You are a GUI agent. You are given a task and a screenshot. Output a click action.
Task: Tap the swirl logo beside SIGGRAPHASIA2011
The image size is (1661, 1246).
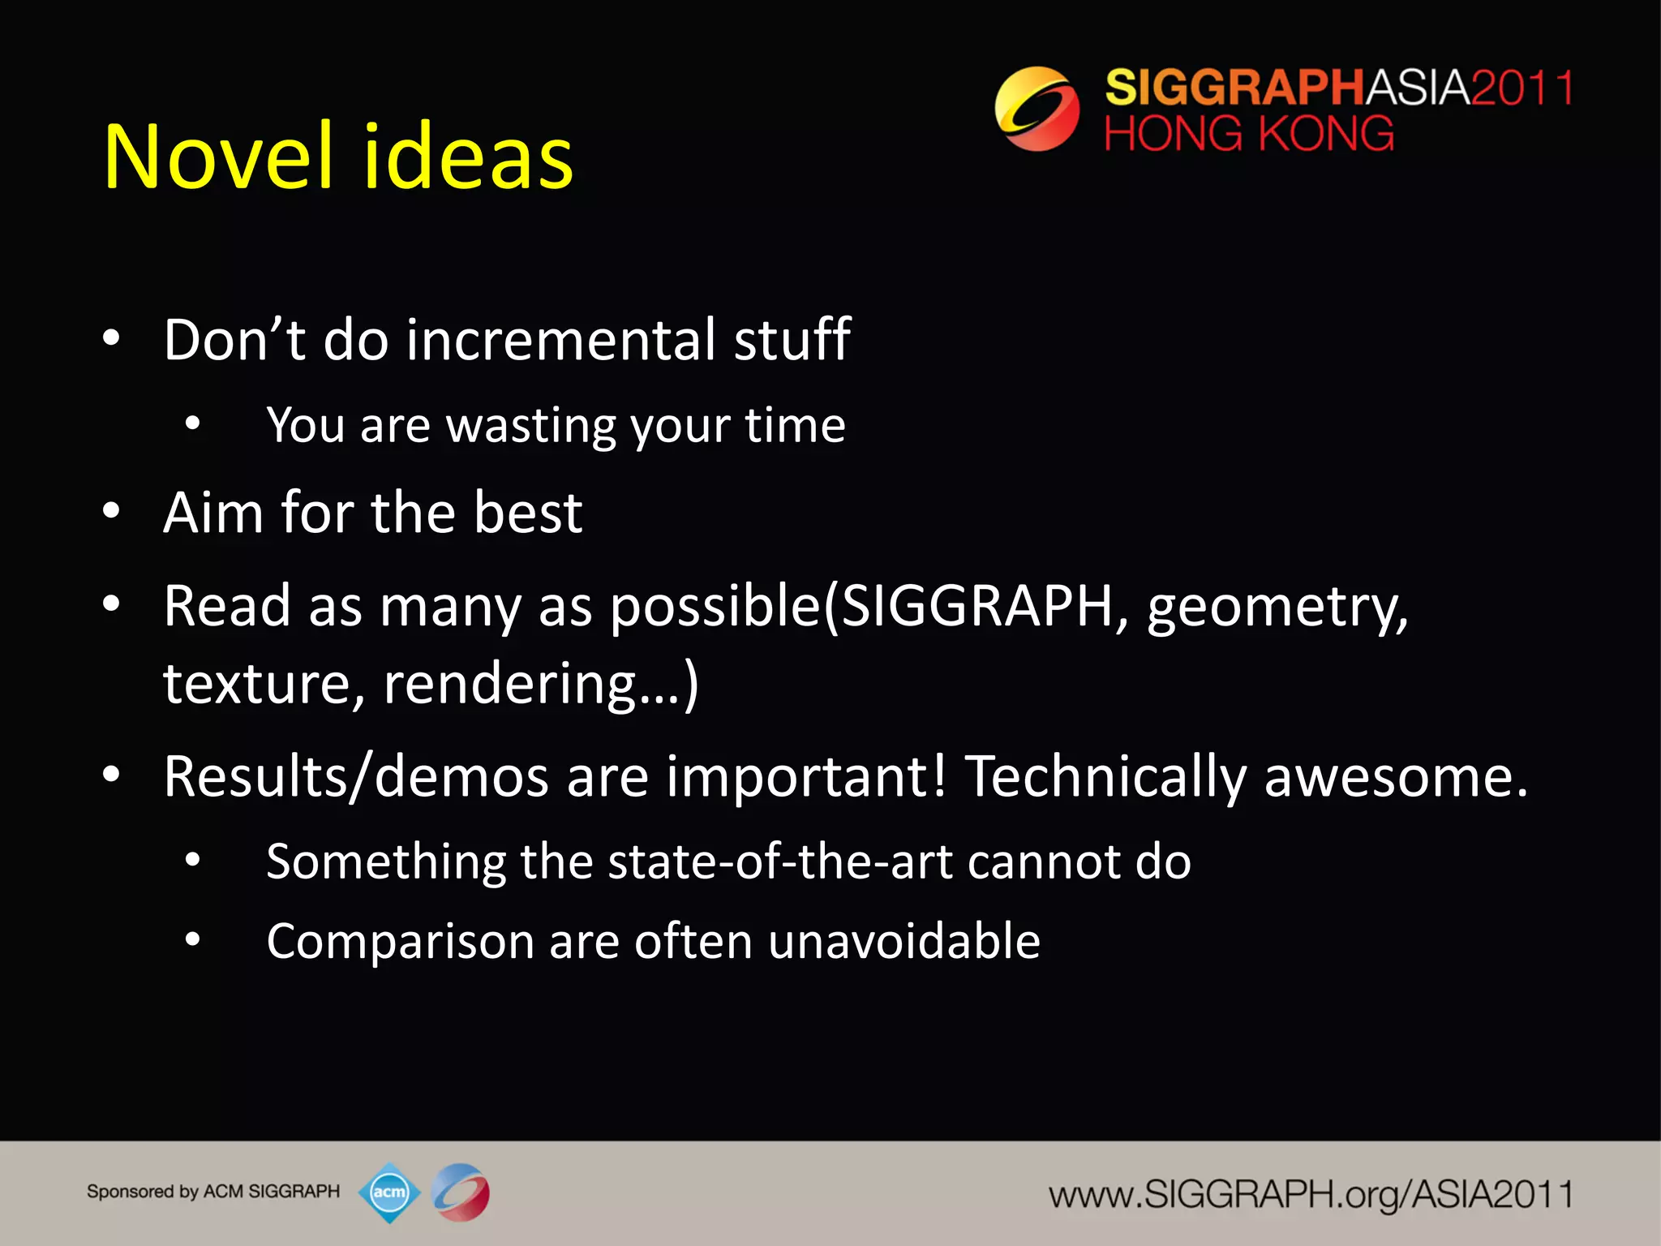1037,109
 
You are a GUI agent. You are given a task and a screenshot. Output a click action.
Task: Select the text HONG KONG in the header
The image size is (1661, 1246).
1249,134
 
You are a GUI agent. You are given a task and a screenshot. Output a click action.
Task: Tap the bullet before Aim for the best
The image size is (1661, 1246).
111,511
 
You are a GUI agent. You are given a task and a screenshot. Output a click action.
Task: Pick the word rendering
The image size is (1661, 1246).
509,684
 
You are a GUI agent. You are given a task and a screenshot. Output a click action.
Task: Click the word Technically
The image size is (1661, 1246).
1105,776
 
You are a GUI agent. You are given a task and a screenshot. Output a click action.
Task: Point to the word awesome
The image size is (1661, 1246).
1395,776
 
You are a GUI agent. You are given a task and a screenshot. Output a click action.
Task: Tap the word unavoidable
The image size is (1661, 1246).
903,942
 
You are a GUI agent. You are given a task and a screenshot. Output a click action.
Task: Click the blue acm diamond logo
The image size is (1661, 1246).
389,1192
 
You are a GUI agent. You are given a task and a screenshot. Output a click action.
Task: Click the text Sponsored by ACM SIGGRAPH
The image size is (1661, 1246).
213,1192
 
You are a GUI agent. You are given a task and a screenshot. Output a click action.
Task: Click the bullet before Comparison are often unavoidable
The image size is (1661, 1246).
192,940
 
